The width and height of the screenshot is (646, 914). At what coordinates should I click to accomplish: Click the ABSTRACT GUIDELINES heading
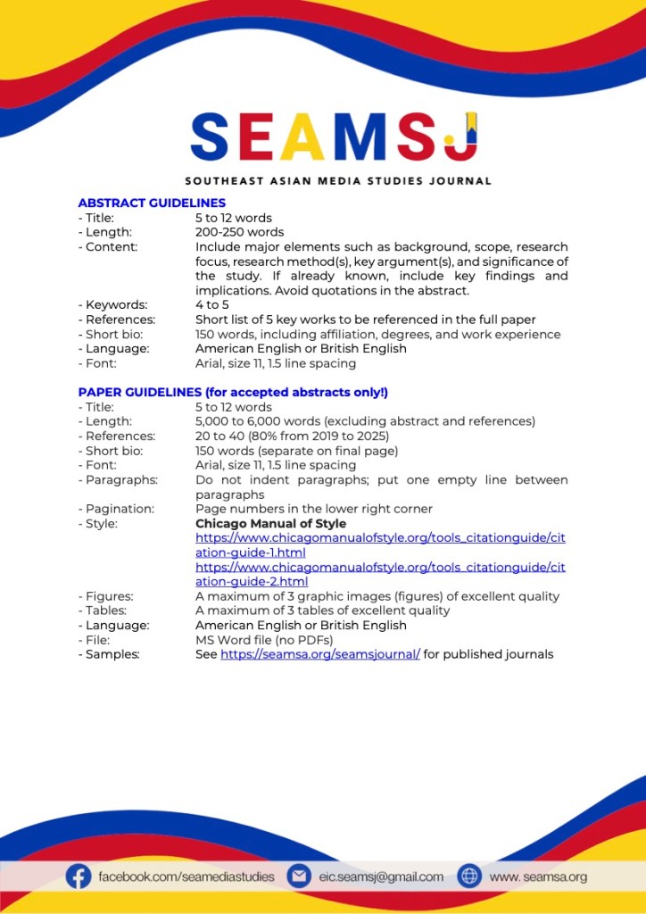coord(152,203)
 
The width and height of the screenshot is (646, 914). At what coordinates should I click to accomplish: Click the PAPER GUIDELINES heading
coord(233,392)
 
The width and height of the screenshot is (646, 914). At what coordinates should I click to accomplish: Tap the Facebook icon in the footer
coord(79,877)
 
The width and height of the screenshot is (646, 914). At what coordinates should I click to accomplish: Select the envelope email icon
coord(298,877)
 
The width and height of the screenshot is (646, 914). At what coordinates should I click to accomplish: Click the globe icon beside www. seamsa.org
coord(469,877)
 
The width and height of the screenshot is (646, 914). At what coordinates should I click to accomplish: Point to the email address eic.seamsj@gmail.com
coord(381,877)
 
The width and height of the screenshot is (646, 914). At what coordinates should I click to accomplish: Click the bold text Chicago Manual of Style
coord(270,523)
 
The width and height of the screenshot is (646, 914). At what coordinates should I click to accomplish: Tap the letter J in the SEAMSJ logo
coord(462,137)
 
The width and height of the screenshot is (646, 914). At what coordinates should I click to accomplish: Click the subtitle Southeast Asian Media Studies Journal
coord(338,181)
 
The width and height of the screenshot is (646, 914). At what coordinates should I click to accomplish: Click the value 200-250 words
coord(240,232)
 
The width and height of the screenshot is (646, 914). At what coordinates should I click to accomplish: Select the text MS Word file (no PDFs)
coord(264,640)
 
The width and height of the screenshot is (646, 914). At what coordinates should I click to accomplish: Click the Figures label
coord(108,596)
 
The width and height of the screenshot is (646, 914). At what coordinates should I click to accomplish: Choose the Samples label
coord(112,654)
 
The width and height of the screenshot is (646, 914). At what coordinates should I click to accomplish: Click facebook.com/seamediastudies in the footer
coord(186,877)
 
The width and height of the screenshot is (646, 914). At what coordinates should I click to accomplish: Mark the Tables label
coord(105,611)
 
